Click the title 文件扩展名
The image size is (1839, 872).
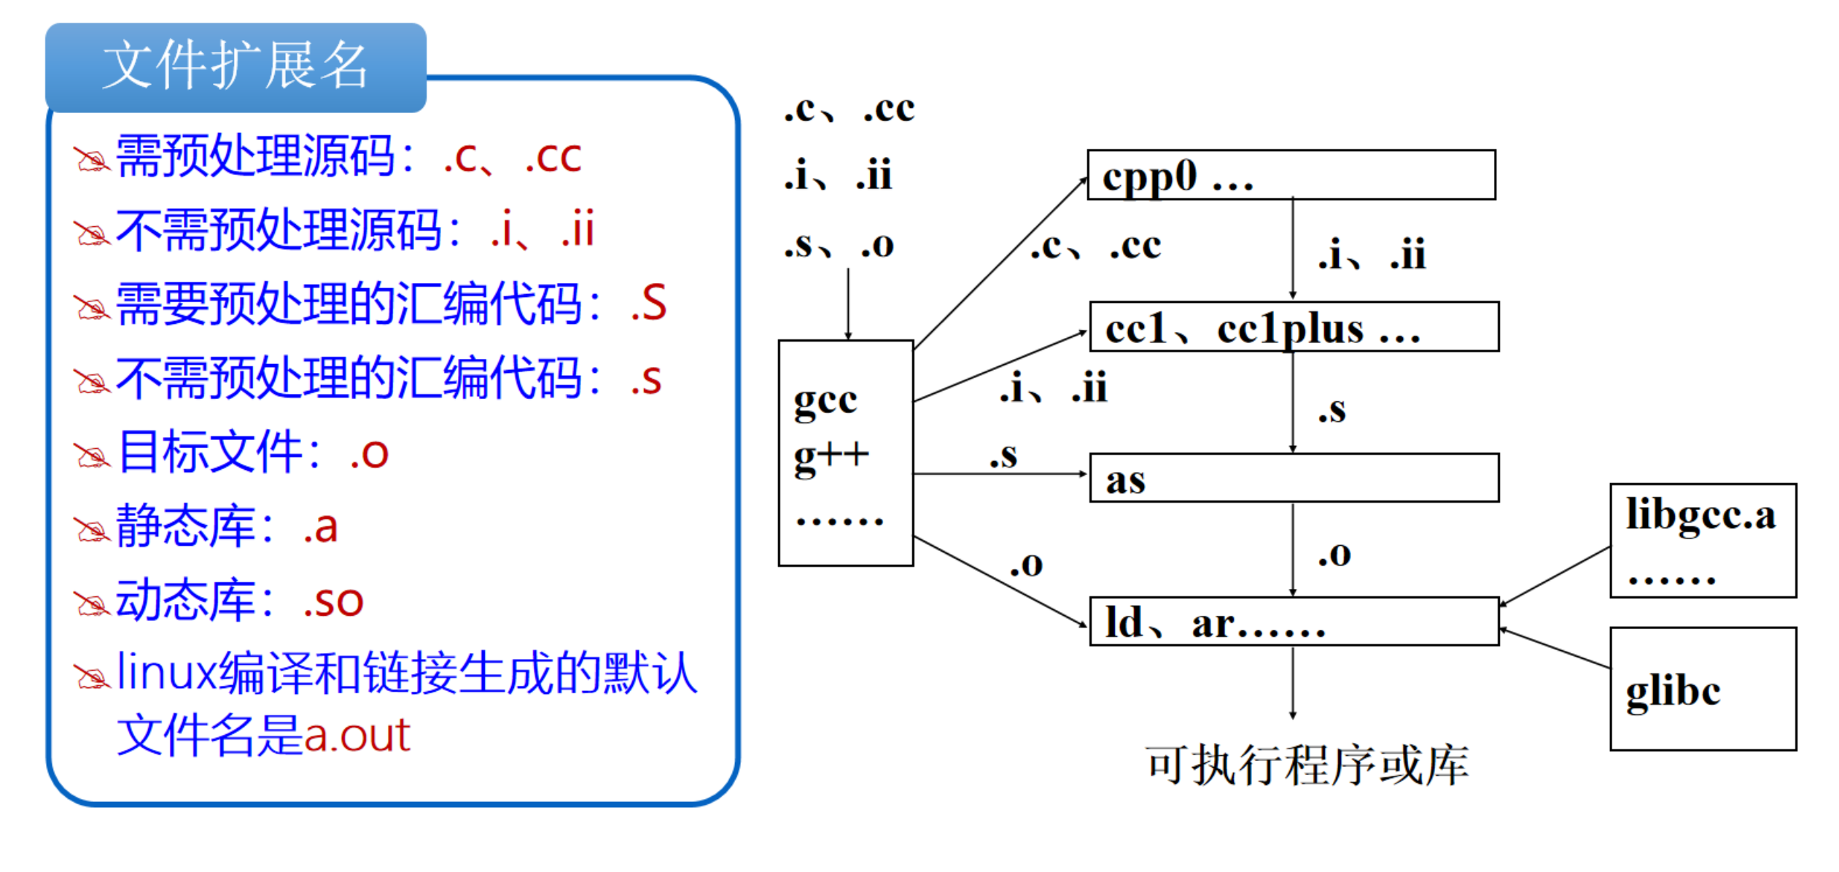click(x=235, y=66)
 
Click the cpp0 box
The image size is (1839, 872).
click(x=1291, y=175)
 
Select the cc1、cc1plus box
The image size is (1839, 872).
click(x=1294, y=327)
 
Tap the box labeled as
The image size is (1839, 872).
click(x=1294, y=478)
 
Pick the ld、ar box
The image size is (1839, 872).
click(x=1294, y=622)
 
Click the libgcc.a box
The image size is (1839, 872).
click(x=1703, y=540)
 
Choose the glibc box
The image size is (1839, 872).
click(x=1703, y=689)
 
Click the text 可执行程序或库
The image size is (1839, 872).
click(x=1307, y=766)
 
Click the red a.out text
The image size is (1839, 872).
click(x=357, y=735)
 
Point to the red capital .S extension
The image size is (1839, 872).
click(x=648, y=304)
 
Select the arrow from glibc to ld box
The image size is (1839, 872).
click(x=1555, y=648)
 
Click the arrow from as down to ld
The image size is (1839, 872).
click(x=1293, y=549)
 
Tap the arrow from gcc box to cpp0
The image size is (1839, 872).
click(x=1000, y=263)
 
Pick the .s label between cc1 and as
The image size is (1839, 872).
click(x=1331, y=411)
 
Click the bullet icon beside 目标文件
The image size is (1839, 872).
click(x=93, y=455)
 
